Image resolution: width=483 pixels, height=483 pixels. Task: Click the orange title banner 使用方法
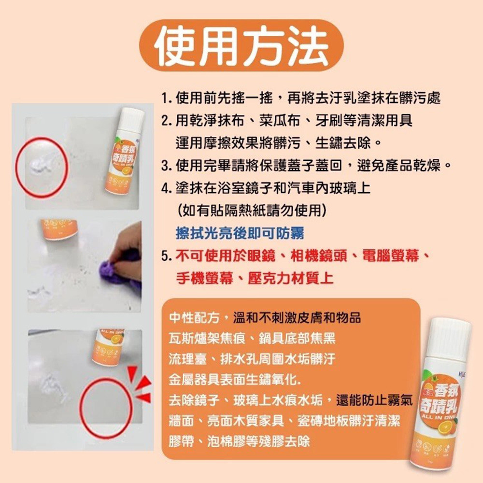tap(241, 45)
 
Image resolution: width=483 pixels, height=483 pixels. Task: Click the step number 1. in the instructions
tap(167, 98)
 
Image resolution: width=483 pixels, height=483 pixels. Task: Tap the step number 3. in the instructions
tap(167, 166)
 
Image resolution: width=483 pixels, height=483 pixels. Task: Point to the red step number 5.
tap(167, 256)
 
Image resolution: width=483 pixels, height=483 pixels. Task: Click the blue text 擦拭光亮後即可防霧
tap(240, 233)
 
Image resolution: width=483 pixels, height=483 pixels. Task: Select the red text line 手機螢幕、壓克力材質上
tap(255, 278)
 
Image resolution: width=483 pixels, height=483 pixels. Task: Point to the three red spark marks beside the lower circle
tap(140, 384)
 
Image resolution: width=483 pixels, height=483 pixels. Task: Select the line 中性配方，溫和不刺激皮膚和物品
tap(265, 318)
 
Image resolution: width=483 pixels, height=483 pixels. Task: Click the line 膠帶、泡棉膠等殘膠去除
tap(240, 441)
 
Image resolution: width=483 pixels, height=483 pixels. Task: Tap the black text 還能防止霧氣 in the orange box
tap(374, 400)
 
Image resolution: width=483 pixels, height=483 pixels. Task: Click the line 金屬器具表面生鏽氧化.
tap(235, 380)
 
